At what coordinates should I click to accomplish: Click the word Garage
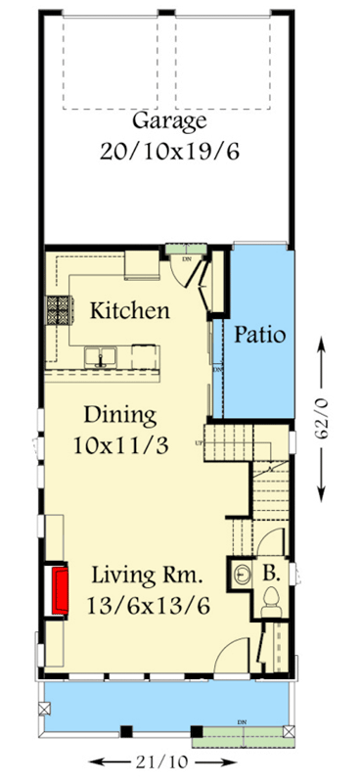(169, 121)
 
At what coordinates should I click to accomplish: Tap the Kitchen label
(130, 311)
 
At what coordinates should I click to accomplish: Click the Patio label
(259, 334)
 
